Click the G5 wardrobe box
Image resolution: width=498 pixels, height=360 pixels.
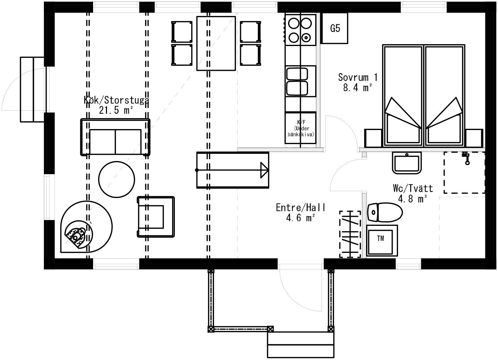[x=335, y=28]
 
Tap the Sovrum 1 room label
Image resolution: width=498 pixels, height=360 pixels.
[x=358, y=77]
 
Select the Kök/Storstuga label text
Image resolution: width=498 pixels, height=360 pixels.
[x=116, y=100]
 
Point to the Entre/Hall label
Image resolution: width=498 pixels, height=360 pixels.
[x=301, y=207]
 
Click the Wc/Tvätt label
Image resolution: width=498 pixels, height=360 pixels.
[x=413, y=188]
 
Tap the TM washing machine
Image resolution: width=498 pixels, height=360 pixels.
[x=382, y=240]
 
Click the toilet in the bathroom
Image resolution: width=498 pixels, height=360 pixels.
[x=385, y=212]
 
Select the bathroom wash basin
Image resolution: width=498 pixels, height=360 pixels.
[x=407, y=163]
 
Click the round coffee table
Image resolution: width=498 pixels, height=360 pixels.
[x=117, y=179]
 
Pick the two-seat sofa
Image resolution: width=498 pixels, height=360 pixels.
[x=115, y=137]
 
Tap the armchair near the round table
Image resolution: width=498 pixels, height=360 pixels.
[x=156, y=217]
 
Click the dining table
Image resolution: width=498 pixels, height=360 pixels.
[x=216, y=43]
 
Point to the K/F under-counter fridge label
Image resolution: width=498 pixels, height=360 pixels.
[x=301, y=128]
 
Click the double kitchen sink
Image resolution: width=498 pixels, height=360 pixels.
[x=297, y=81]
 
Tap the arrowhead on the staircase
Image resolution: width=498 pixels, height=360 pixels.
[x=264, y=170]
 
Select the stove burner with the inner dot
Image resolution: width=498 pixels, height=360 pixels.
[x=306, y=38]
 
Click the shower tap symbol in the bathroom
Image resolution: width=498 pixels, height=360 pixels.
[x=466, y=158]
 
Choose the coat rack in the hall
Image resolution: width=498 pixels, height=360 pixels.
[x=350, y=234]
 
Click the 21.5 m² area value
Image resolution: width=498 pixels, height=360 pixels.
[x=116, y=110]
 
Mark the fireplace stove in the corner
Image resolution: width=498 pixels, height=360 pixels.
[x=86, y=227]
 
